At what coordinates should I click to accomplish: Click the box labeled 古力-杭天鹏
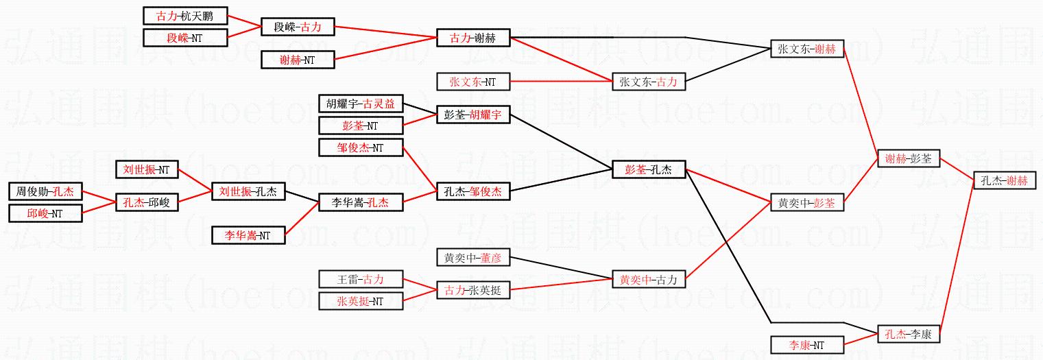[x=185, y=16]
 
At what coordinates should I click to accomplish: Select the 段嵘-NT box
[x=185, y=38]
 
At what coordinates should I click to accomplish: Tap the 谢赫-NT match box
[x=298, y=60]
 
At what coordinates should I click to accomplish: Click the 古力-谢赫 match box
[x=473, y=38]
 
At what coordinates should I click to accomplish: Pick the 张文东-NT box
[x=473, y=82]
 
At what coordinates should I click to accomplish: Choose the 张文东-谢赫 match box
[x=807, y=49]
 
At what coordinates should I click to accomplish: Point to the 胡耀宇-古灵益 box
[x=361, y=104]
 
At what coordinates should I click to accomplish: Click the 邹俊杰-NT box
[x=361, y=147]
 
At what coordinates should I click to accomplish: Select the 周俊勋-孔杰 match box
[x=45, y=191]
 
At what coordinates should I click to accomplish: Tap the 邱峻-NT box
[x=45, y=213]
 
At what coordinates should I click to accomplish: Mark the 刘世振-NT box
[x=147, y=169]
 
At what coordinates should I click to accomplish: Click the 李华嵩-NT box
[x=248, y=235]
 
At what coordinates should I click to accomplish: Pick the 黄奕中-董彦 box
[x=473, y=258]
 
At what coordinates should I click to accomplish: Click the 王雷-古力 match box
[x=361, y=279]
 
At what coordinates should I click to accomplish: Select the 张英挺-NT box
[x=361, y=300]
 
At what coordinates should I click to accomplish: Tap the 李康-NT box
[x=807, y=345]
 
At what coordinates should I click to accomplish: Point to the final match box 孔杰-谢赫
[x=1005, y=180]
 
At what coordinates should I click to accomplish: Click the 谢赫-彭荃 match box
[x=908, y=158]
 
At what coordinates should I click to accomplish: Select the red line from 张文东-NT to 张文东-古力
[x=561, y=82]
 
